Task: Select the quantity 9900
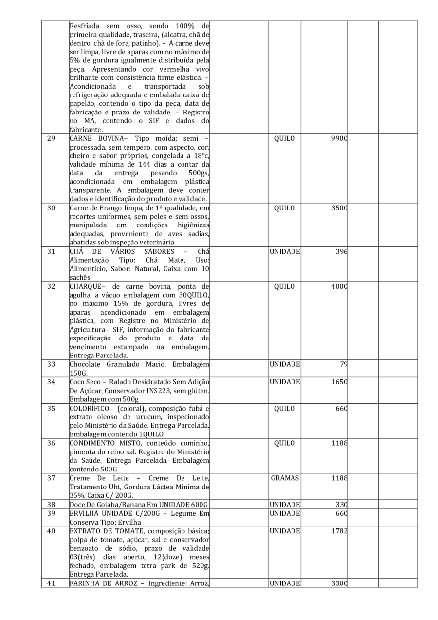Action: [339, 138]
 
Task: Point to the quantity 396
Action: [341, 251]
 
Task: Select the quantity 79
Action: [343, 364]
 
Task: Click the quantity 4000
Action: [339, 286]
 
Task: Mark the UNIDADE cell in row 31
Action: [285, 251]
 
